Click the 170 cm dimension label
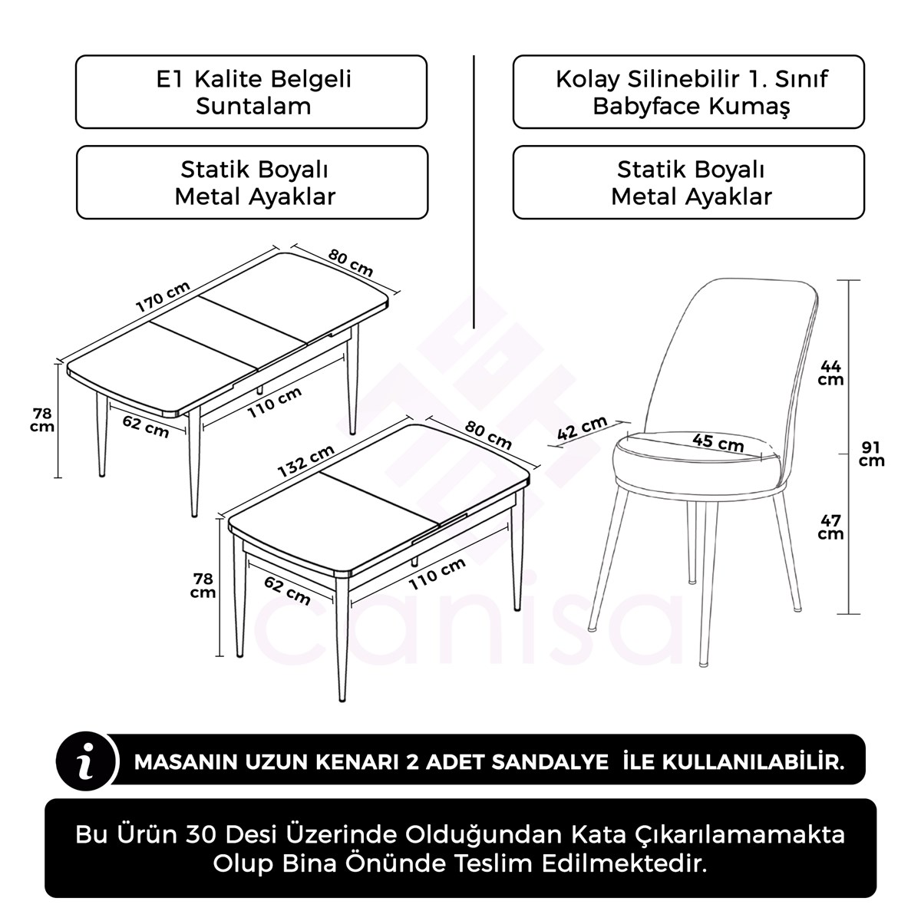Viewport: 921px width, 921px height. [163, 296]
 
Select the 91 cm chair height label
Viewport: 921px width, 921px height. [871, 454]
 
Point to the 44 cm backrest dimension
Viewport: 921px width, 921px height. [830, 372]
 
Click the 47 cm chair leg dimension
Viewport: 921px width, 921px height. [830, 527]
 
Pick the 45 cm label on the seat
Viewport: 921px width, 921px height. [718, 442]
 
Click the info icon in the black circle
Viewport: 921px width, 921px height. [87, 761]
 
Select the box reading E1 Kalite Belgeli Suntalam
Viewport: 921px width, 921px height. [251, 92]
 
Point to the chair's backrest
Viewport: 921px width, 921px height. [737, 345]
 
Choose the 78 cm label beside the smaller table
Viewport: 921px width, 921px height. [203, 585]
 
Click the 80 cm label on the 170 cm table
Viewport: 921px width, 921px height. [351, 263]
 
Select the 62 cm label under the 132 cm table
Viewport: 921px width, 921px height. [287, 590]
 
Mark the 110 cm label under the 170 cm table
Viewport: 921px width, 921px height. [274, 401]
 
